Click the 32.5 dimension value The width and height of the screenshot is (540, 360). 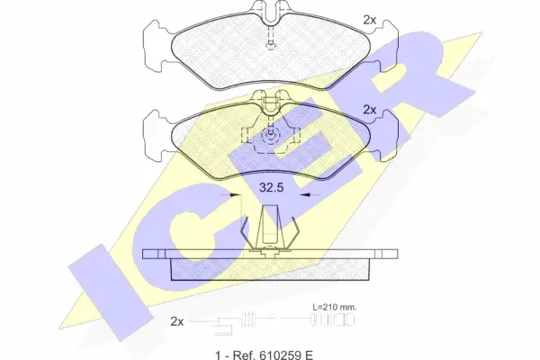[x=271, y=188]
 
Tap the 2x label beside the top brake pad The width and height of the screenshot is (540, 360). [x=370, y=20]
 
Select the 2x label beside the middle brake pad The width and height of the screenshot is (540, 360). [x=370, y=110]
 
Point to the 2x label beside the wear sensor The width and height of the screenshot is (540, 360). [x=177, y=322]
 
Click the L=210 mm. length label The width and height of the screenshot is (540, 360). [x=335, y=307]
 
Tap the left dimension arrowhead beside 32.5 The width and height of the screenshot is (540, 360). [x=235, y=195]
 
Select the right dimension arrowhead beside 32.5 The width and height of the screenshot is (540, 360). [x=305, y=195]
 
